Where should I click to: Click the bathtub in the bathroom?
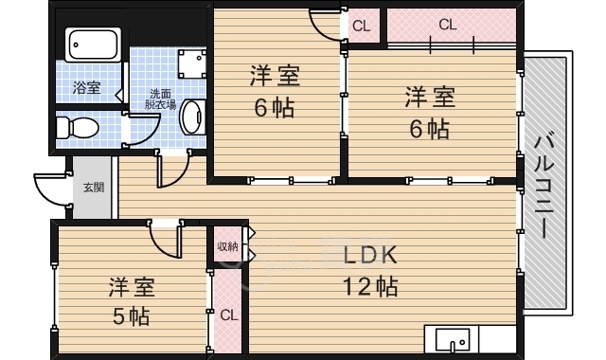pyautogui.click(x=93, y=45)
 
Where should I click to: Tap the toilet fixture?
pyautogui.click(x=78, y=128)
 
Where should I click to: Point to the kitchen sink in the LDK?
pyautogui.click(x=453, y=340)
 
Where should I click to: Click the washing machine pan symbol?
pyautogui.click(x=191, y=63)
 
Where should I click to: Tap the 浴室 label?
pyautogui.click(x=86, y=88)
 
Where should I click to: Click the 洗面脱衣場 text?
pyautogui.click(x=160, y=99)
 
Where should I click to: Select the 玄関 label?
pyautogui.click(x=94, y=188)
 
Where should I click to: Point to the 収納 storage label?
pyautogui.click(x=227, y=246)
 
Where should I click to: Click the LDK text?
pyautogui.click(x=370, y=255)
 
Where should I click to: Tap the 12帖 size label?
pyautogui.click(x=370, y=286)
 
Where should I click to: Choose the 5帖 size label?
pyautogui.click(x=131, y=316)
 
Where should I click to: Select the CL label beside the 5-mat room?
pyautogui.click(x=229, y=315)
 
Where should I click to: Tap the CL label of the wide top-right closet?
pyautogui.click(x=448, y=26)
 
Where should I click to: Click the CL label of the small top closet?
pyautogui.click(x=362, y=27)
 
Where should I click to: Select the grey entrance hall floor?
pyautogui.click(x=93, y=188)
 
